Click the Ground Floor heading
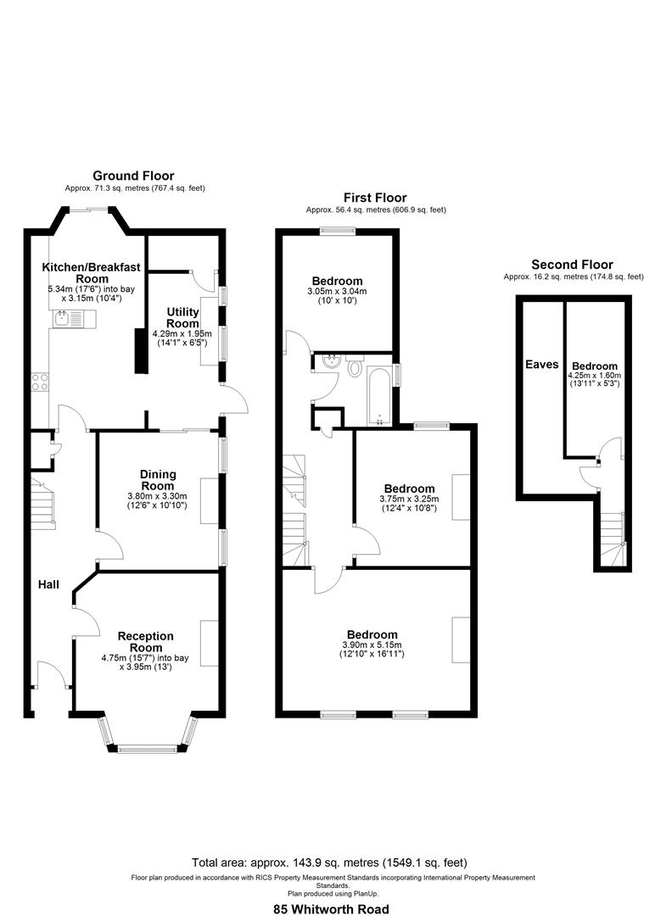coord(133,176)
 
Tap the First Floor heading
coord(375,198)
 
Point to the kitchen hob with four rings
coord(40,383)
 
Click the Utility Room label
coord(182,318)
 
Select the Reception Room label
coord(145,642)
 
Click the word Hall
coord(48,584)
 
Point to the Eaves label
coord(541,365)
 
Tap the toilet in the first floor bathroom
coord(355,369)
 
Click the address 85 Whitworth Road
coord(331,908)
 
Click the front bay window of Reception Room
coord(148,748)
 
